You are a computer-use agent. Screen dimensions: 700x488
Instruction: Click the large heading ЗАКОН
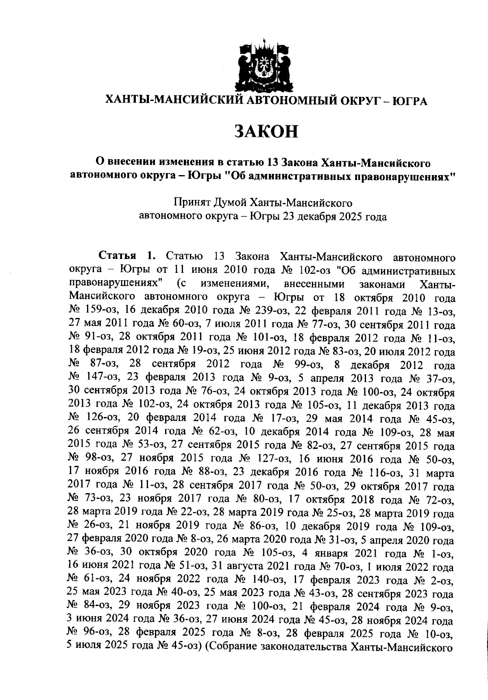266,131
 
